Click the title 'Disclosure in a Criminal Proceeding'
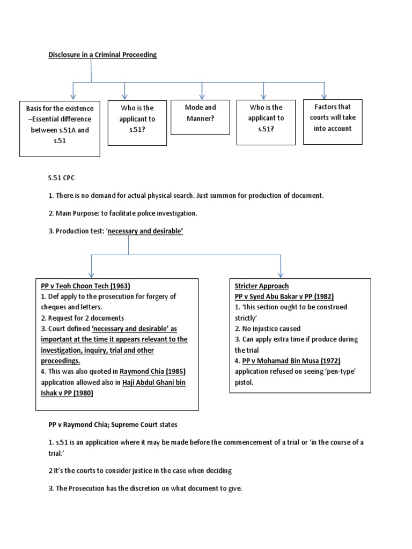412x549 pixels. point(102,55)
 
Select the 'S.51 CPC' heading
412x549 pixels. point(62,177)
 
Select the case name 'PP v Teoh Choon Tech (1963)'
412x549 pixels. point(85,286)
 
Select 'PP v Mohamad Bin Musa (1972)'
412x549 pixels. point(291,360)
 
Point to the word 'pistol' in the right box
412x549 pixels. point(245,382)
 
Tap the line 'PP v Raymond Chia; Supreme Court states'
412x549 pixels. point(113,425)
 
